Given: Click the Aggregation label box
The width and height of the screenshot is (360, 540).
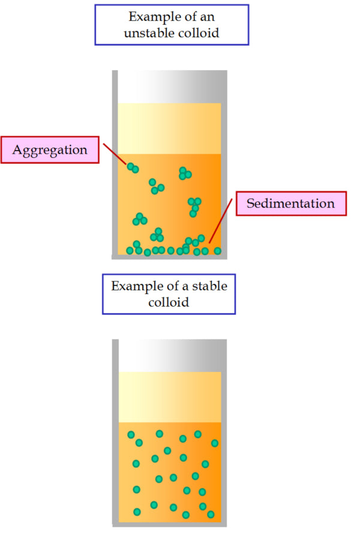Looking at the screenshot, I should point(50,150).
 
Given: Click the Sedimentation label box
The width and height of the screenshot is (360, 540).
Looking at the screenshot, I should point(290,203).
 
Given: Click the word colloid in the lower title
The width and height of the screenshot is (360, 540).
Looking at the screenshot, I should point(169,302).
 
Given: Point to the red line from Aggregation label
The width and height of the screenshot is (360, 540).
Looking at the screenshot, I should point(115,154).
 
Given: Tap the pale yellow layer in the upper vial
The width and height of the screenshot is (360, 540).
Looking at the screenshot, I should point(169,128).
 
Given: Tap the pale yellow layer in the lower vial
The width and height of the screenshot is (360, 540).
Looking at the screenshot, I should point(169,397).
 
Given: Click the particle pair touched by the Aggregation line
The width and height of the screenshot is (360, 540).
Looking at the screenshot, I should point(133,167).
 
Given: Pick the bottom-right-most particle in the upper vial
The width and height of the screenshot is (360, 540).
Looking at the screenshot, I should point(217,251).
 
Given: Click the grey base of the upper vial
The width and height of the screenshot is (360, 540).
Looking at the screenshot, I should point(169,257).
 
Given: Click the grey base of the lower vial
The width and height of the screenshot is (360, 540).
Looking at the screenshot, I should point(169,524).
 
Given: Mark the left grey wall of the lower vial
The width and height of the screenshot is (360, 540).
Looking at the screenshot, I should point(115,432).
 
